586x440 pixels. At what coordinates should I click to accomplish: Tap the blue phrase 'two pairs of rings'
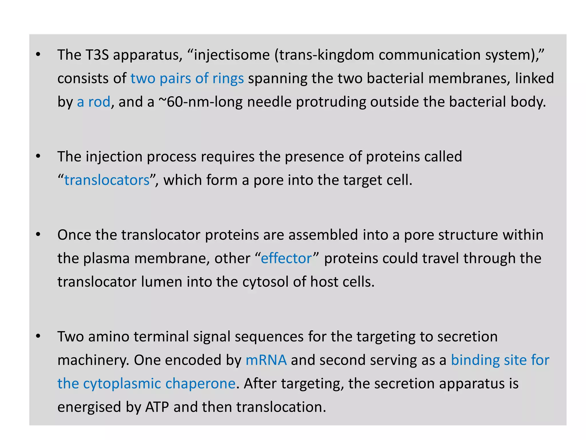tap(187, 78)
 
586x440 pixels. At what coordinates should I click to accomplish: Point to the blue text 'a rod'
tap(94, 102)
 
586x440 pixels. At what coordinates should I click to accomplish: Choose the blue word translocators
tap(107, 180)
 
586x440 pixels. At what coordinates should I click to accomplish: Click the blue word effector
tap(286, 258)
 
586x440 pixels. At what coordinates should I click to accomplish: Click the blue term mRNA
tap(266, 360)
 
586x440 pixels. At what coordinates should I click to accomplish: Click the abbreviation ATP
tap(157, 407)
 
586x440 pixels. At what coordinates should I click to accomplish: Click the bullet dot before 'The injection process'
tap(38, 156)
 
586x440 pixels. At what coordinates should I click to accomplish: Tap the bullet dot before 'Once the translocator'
tap(38, 235)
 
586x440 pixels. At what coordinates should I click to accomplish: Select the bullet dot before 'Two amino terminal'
tap(38, 336)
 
